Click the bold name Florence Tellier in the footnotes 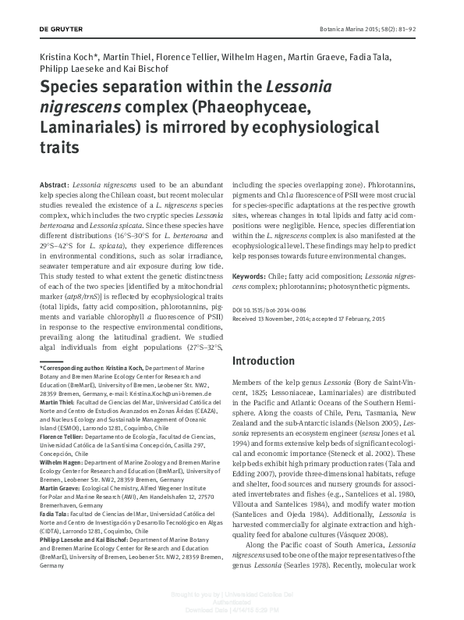(62, 438)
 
